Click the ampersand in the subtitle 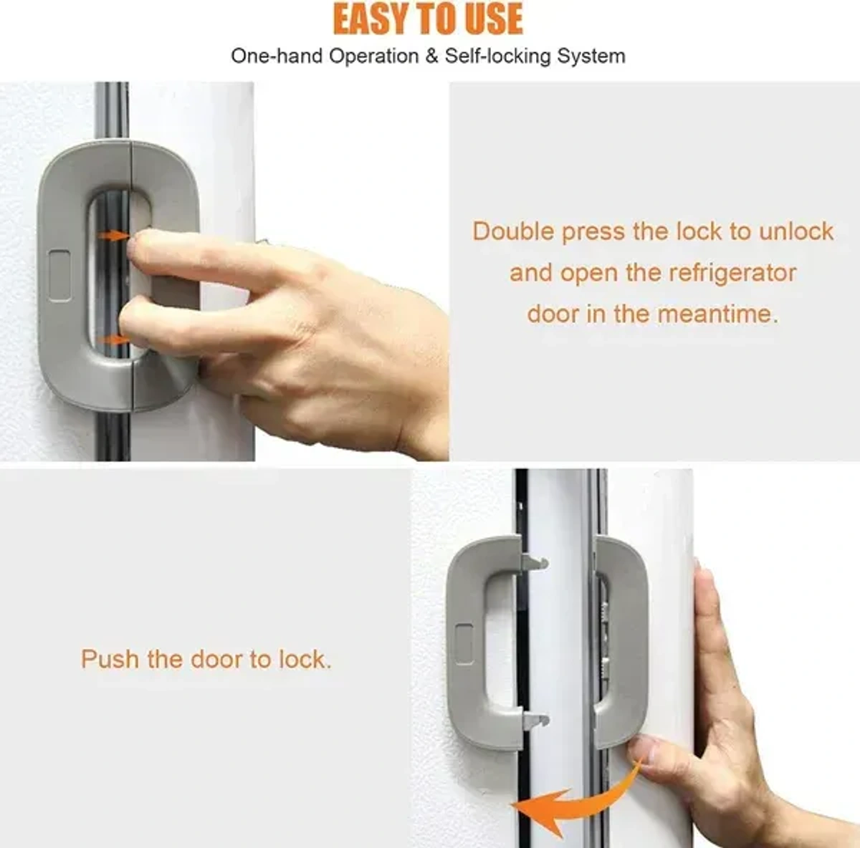(x=431, y=56)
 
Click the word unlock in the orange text (x=796, y=231)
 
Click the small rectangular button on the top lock (x=59, y=275)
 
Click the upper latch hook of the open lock (x=537, y=562)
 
